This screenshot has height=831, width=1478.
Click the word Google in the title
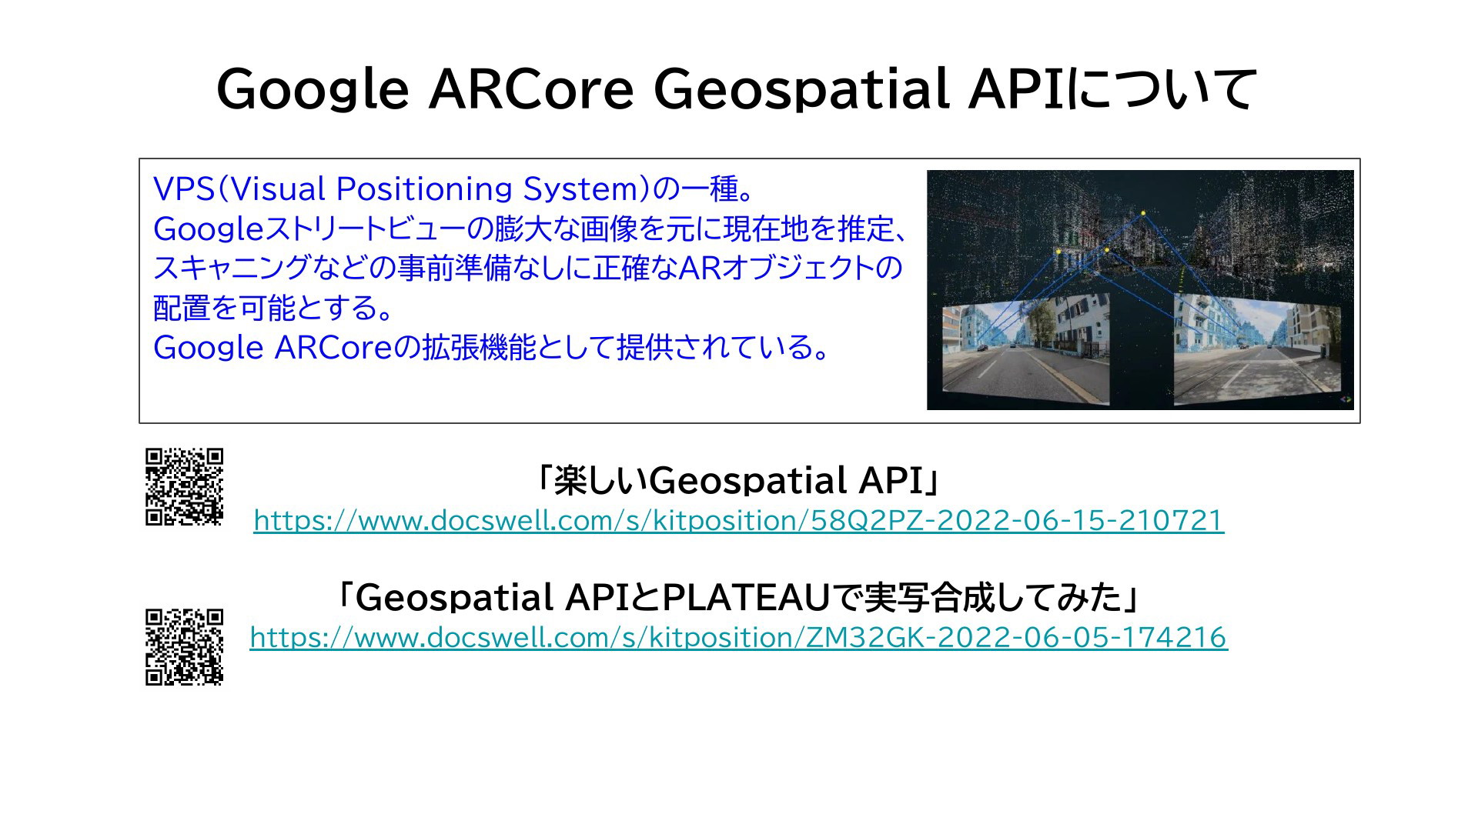313,89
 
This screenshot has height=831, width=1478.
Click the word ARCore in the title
531,89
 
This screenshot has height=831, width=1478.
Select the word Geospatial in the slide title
801,89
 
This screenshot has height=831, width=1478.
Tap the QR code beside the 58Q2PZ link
185,486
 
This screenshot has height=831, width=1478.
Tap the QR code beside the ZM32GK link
185,647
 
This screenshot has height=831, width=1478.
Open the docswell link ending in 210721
738,521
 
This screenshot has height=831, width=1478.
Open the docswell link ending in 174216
738,638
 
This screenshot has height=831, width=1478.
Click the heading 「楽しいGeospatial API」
738,480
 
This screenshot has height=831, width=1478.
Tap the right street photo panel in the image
1257,350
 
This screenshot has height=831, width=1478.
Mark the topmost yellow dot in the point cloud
1143,213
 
